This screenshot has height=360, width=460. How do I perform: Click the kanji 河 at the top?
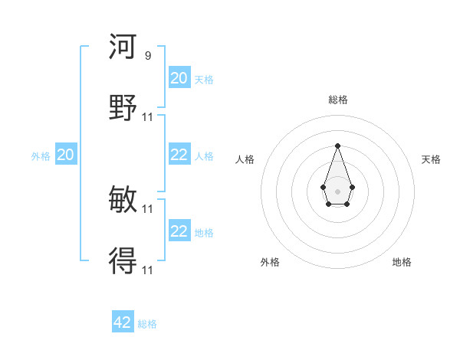pyautogui.click(x=123, y=47)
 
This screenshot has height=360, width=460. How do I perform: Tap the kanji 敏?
pyautogui.click(x=123, y=200)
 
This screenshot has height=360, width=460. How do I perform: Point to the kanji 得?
pyautogui.click(x=123, y=261)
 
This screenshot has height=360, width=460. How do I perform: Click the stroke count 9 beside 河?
pyautogui.click(x=148, y=56)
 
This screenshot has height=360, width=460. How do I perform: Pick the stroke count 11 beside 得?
pyautogui.click(x=148, y=270)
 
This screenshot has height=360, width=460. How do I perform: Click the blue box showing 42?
pyautogui.click(x=123, y=322)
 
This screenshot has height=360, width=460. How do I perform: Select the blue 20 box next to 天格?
pyautogui.click(x=179, y=78)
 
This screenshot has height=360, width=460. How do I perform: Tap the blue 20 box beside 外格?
pyautogui.click(x=65, y=155)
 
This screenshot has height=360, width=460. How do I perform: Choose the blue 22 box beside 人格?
pyautogui.click(x=179, y=155)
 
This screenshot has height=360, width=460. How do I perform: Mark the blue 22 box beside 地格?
pyautogui.click(x=179, y=231)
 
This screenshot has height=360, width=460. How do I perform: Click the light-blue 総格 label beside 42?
pyautogui.click(x=147, y=324)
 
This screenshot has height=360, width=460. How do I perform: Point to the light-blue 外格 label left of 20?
pyautogui.click(x=41, y=156)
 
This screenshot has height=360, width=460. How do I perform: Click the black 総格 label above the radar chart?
pyautogui.click(x=337, y=100)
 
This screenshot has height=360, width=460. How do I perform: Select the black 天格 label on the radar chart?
pyautogui.click(x=431, y=159)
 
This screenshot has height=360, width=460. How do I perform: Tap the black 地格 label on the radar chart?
pyautogui.click(x=402, y=262)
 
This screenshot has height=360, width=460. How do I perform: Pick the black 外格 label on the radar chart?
pyautogui.click(x=270, y=262)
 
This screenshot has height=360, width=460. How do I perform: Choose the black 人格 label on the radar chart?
pyautogui.click(x=245, y=159)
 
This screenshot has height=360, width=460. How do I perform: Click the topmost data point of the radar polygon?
pyautogui.click(x=337, y=146)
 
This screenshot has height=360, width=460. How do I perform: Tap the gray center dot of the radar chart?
pyautogui.click(x=337, y=191)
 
